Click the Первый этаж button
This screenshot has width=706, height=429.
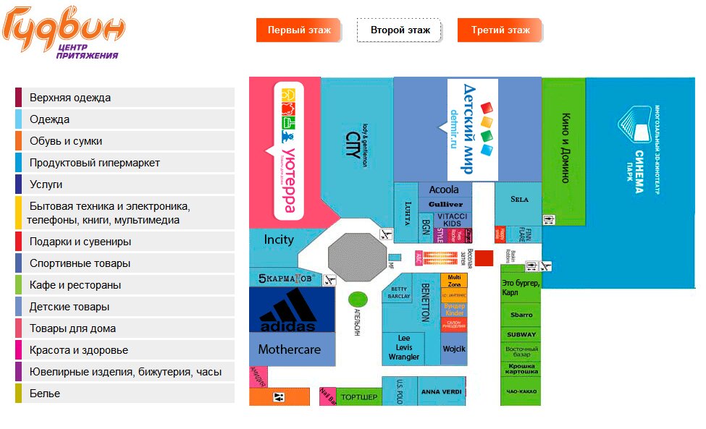(299, 30)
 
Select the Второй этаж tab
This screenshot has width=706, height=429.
(400, 30)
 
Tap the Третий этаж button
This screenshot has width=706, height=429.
(500, 30)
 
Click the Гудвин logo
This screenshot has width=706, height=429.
(63, 32)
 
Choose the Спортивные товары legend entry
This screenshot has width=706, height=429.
(80, 263)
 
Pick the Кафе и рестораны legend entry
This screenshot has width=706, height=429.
(75, 285)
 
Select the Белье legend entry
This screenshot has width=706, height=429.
(45, 394)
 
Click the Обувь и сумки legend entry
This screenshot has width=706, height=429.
(66, 141)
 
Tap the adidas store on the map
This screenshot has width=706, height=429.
(290, 311)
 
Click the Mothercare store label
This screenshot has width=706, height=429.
(290, 349)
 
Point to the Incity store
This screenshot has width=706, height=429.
(279, 239)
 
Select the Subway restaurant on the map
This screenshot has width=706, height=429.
(521, 334)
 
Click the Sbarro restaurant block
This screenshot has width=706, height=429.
(521, 315)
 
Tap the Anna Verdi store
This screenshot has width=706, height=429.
(440, 392)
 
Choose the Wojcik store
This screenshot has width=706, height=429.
(455, 349)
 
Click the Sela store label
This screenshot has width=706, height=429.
(519, 199)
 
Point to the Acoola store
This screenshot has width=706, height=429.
(444, 190)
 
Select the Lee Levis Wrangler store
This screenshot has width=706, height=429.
(403, 348)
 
